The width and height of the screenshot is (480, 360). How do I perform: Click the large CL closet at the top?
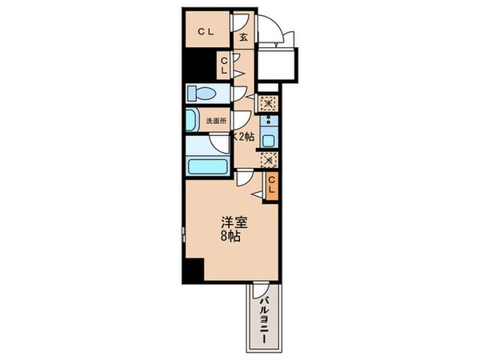(204, 32)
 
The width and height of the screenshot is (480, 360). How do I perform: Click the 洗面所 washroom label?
(217, 121)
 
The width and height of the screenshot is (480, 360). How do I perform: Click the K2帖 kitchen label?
(243, 137)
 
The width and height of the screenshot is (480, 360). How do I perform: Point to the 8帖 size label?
(233, 237)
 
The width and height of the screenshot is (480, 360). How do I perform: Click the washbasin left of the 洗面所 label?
(192, 121)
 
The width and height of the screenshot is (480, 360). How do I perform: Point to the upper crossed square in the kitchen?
(269, 102)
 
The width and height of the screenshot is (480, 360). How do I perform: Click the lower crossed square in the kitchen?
(269, 158)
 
